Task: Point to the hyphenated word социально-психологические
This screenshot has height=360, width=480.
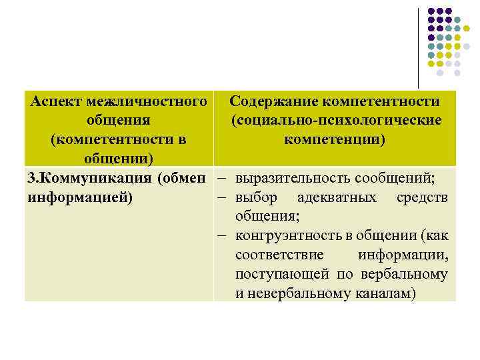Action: click(337, 121)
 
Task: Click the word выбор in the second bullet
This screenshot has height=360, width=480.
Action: click(257, 198)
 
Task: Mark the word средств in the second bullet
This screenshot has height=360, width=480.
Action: click(422, 198)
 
